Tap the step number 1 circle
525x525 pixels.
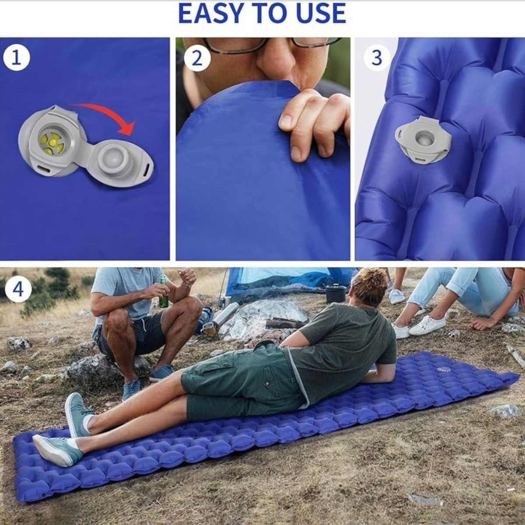point(16,58)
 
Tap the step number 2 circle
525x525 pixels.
point(197,58)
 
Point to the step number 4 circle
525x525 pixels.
point(18,289)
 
